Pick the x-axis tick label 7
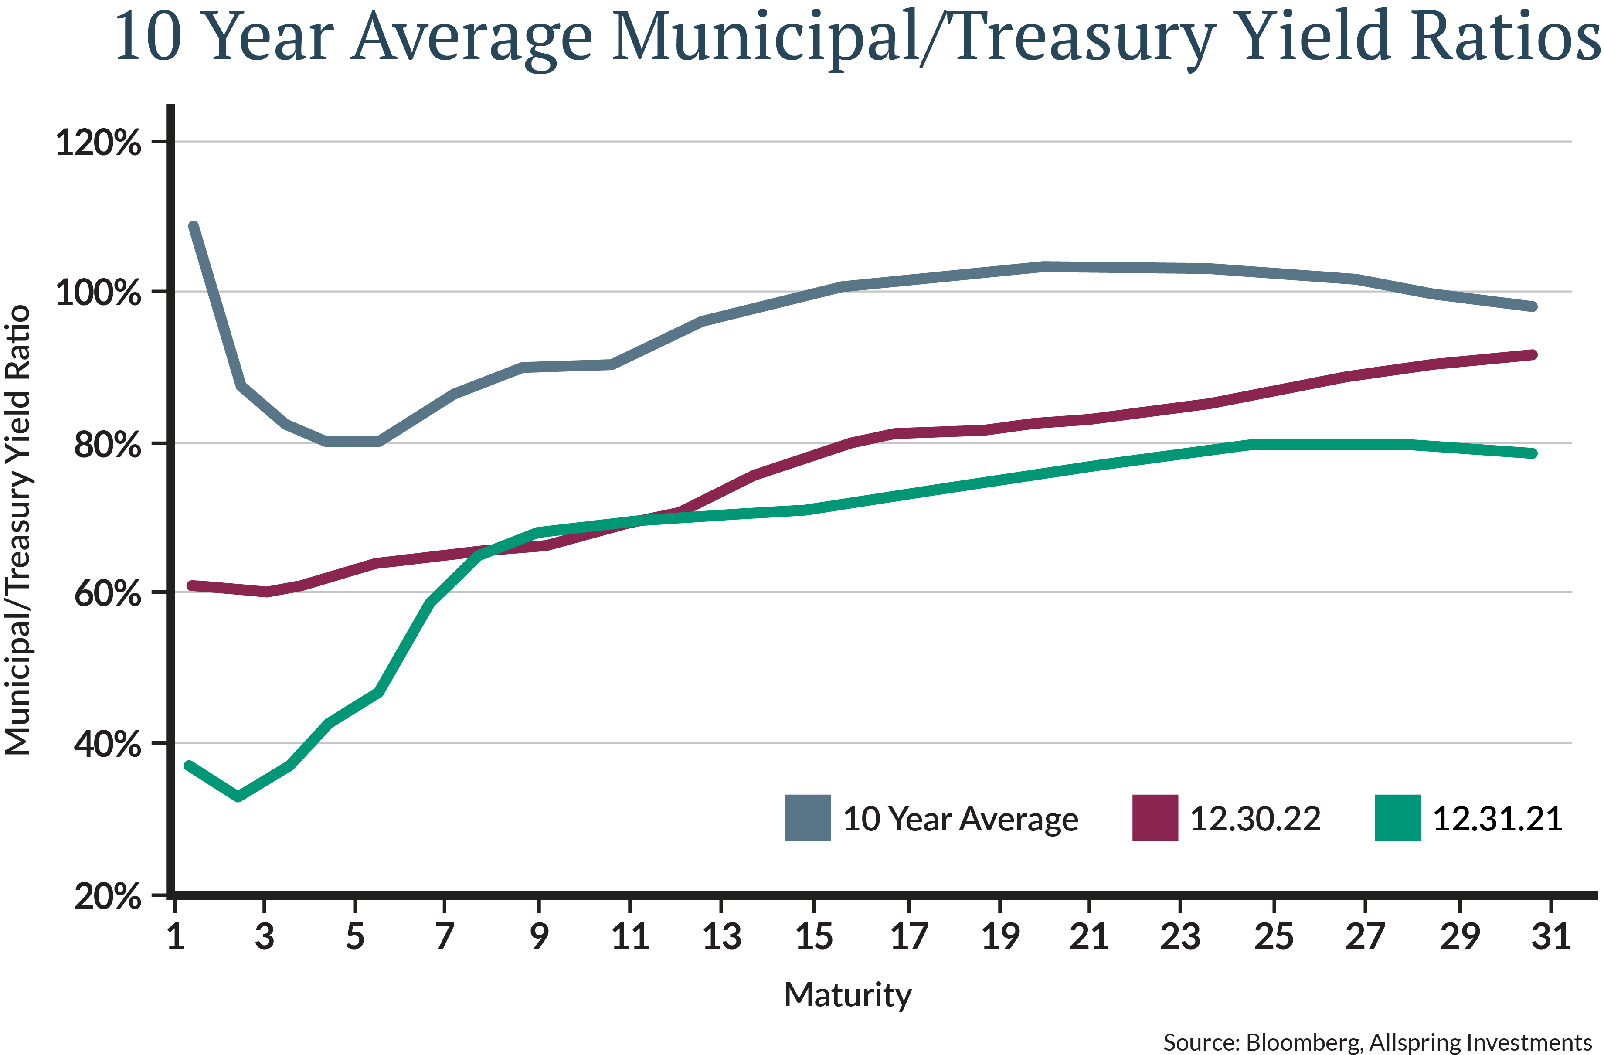click(x=443, y=937)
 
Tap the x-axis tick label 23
click(x=1180, y=937)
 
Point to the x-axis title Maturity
click(x=848, y=995)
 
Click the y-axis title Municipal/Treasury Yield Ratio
click(x=19, y=531)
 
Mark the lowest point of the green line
click(x=238, y=796)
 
